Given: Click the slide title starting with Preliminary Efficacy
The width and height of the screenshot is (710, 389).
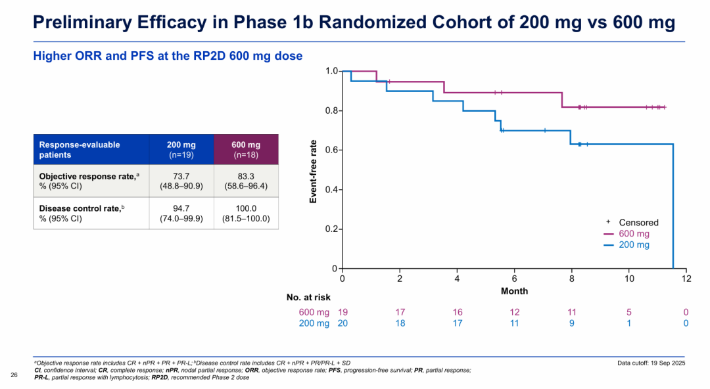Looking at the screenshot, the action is (x=354, y=22).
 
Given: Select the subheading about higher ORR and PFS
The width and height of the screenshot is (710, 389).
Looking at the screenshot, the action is (x=168, y=56).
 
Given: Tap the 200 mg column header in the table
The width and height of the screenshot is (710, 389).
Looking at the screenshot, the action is (x=181, y=149).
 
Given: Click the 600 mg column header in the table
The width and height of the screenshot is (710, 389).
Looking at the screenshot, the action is (x=246, y=149).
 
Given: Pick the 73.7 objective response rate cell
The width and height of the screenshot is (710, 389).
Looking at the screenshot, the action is (x=181, y=181).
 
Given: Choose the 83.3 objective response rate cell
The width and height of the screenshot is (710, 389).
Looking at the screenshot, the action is (x=246, y=181).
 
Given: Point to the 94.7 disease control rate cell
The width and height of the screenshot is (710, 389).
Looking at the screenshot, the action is (x=181, y=214).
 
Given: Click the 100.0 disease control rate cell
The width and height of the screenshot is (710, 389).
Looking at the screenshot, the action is (x=246, y=214).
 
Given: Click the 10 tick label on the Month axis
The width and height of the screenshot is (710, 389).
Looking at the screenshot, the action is (x=629, y=279).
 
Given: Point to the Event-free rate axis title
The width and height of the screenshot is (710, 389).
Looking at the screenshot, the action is (x=313, y=172).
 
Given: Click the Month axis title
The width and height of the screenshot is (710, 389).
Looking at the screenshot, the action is (x=514, y=290).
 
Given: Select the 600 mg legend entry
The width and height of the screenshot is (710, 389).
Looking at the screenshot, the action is (x=627, y=234).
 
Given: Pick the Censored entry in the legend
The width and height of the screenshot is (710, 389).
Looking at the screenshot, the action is (x=632, y=222).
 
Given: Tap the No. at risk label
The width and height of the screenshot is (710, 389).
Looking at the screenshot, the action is (x=308, y=298).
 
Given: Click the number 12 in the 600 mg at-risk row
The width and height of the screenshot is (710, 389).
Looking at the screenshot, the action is (x=514, y=312).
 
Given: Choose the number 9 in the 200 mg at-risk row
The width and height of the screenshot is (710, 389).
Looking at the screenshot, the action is (x=571, y=323).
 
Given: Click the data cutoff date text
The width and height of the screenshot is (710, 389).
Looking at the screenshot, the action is (x=651, y=363).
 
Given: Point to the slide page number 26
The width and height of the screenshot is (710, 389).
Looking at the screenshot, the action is (x=14, y=375).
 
